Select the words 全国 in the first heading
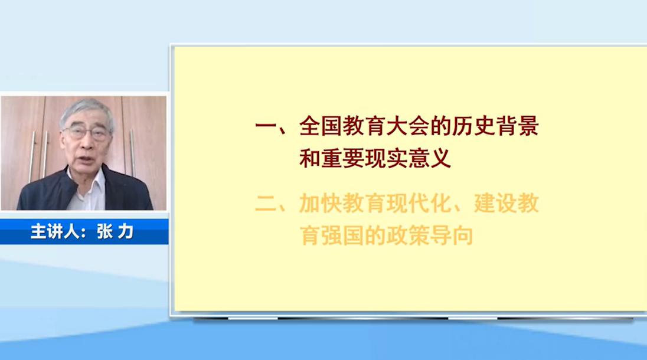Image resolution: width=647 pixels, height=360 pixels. tap(321, 126)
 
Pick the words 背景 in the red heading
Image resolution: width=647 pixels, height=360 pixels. tap(518, 126)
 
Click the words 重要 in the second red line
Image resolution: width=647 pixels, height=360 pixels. tap(343, 158)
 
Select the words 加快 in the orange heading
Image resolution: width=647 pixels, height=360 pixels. tap(321, 204)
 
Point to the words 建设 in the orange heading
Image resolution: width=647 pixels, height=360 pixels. tap(495, 204)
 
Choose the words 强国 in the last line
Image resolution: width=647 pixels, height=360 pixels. tap(343, 236)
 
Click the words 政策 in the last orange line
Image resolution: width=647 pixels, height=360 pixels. tap(408, 236)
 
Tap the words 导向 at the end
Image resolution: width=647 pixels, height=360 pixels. tap(452, 236)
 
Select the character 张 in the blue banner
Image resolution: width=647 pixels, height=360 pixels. tap(104, 231)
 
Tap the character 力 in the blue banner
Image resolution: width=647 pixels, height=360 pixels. tap(126, 231)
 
